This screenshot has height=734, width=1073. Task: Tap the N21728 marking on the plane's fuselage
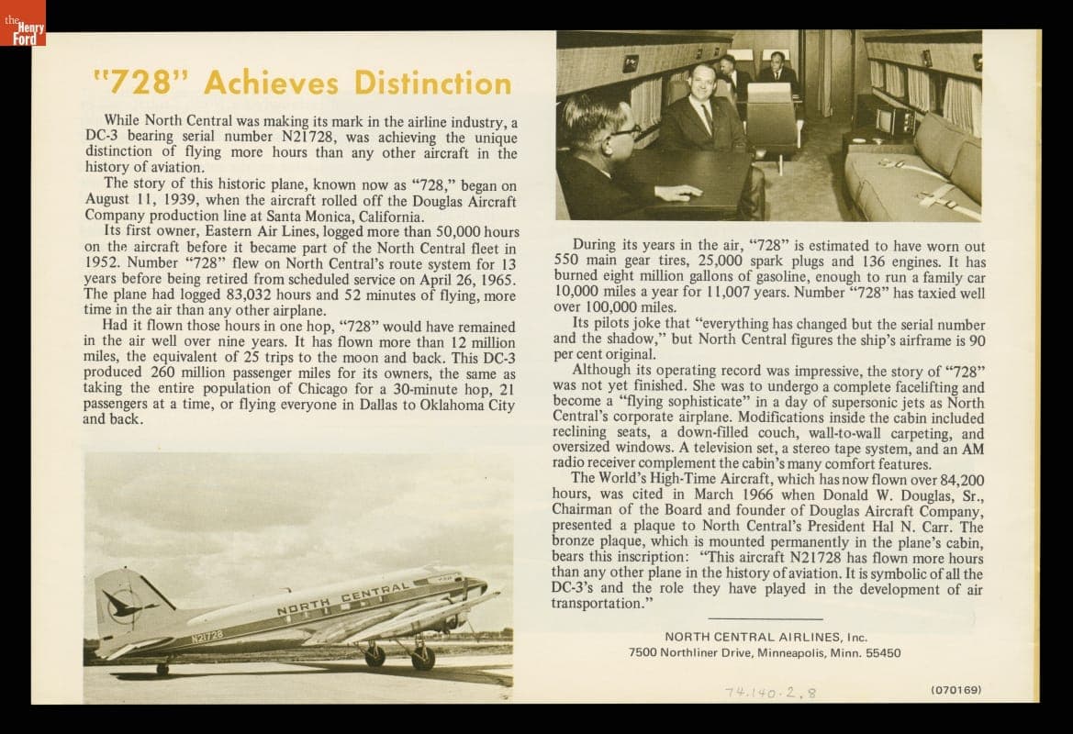[x=207, y=636]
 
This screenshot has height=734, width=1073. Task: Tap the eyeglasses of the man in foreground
[x=623, y=131]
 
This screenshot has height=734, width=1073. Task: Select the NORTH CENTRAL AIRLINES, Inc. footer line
[x=765, y=637]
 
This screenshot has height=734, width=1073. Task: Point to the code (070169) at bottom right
[x=956, y=689]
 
